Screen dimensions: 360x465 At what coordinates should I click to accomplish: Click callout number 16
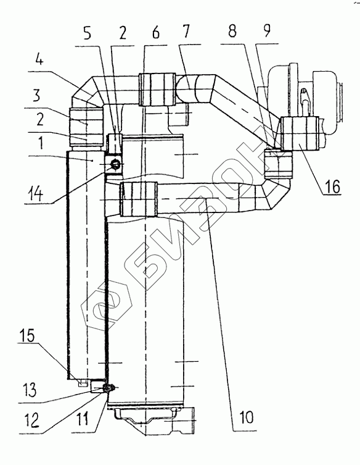[332, 187]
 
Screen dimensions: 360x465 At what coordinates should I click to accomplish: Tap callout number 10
[246, 417]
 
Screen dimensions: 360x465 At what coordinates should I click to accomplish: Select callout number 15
[27, 335]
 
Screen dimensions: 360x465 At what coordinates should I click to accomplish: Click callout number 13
[27, 390]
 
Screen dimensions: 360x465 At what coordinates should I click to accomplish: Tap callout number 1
[41, 143]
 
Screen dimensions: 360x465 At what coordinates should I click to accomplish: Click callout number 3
[36, 96]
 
